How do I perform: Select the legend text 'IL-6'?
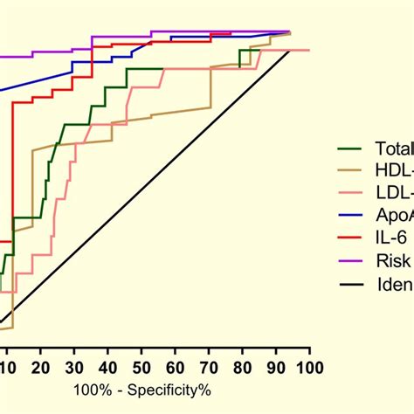coord(388,235)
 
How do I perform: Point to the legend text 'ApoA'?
coord(393,213)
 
